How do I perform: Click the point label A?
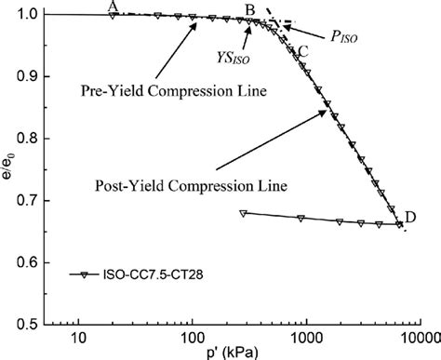point(113,6)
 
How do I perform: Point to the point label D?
point(410,217)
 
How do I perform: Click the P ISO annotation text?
point(343,37)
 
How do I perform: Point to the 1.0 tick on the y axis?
point(31,15)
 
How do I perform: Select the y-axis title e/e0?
point(8,169)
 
